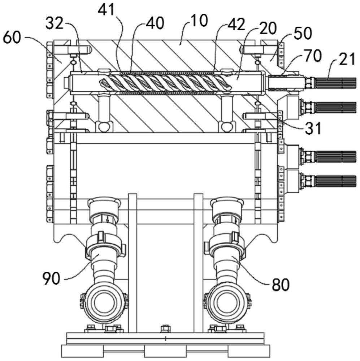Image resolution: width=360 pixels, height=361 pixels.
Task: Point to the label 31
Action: pos(313,128)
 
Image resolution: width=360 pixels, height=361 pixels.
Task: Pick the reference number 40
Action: pos(155,23)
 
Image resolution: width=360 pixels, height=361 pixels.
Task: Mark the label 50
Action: pos(303,34)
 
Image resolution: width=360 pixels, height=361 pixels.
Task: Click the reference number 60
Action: pos(12,38)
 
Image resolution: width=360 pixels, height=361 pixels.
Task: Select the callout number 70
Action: pos(313,56)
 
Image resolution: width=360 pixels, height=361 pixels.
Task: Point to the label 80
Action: pos(281,285)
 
